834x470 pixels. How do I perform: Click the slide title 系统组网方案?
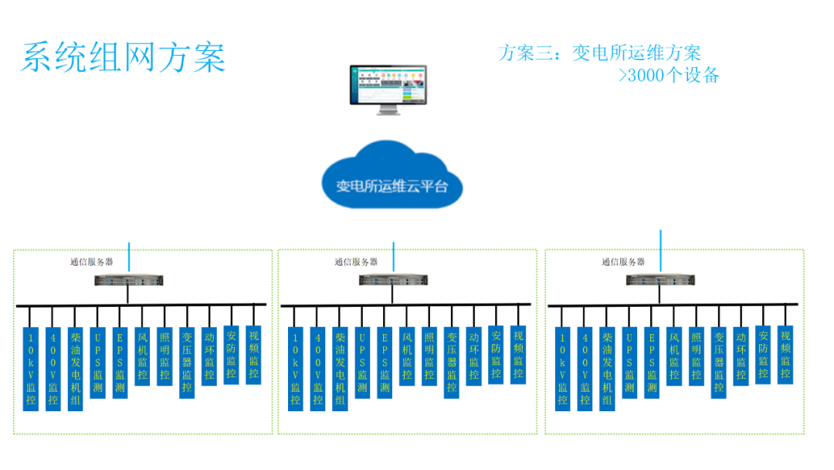click(x=124, y=58)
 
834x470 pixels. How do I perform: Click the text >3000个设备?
click(x=669, y=75)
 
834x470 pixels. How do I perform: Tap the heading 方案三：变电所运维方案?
click(x=600, y=53)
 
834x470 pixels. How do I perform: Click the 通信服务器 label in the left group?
click(x=91, y=262)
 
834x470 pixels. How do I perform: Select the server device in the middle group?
click(x=392, y=280)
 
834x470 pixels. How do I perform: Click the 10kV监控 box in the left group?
click(x=31, y=369)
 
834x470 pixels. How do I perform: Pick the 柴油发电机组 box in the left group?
click(x=75, y=369)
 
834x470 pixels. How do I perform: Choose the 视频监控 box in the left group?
click(x=253, y=355)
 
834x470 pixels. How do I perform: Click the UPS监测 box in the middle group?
click(x=362, y=362)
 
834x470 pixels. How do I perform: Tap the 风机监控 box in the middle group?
click(x=407, y=356)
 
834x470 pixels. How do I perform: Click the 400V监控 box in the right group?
click(x=585, y=369)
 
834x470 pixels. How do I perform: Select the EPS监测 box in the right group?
click(x=652, y=362)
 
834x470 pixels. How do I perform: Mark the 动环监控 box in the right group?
click(x=741, y=356)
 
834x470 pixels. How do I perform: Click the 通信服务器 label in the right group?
click(x=623, y=262)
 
